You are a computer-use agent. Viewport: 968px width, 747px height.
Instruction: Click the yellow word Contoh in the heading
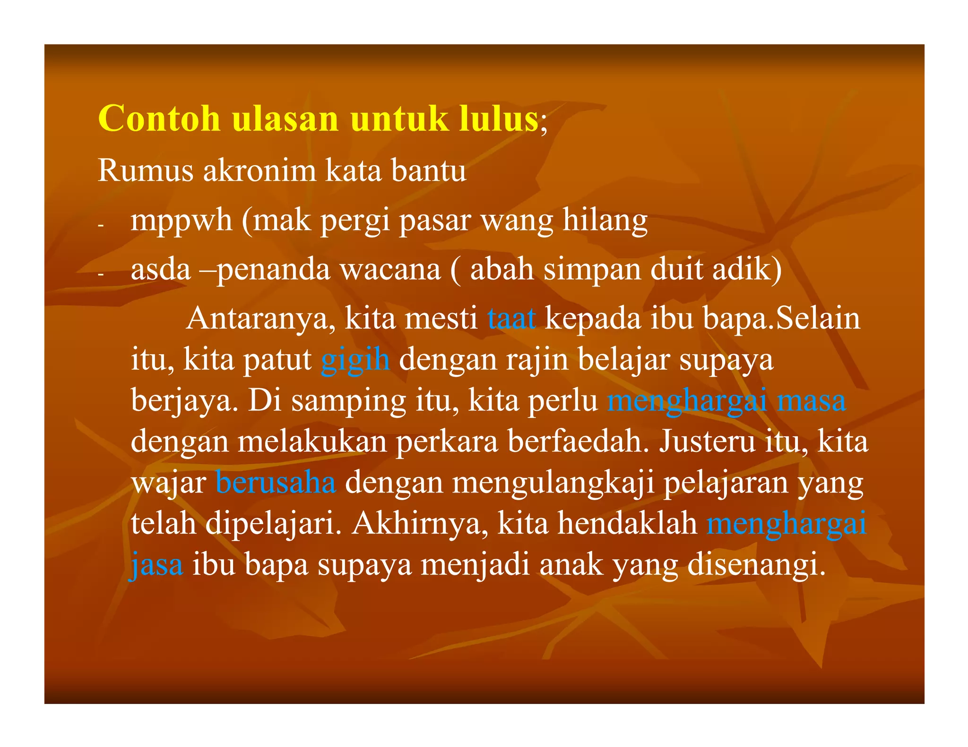pyautogui.click(x=159, y=118)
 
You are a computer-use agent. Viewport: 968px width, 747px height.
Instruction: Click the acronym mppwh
pyautogui.click(x=181, y=221)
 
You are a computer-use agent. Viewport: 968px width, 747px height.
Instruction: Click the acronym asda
pyautogui.click(x=161, y=270)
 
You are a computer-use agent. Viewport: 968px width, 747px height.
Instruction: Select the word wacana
pyautogui.click(x=390, y=270)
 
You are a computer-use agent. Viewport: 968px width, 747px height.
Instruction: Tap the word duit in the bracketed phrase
pyautogui.click(x=676, y=270)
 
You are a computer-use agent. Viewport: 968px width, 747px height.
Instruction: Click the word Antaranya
pyautogui.click(x=258, y=319)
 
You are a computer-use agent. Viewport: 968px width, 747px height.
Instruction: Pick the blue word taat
pyautogui.click(x=511, y=319)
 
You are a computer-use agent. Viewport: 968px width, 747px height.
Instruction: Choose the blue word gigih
pyautogui.click(x=355, y=360)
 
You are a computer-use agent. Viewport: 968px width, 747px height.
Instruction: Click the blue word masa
pyautogui.click(x=812, y=401)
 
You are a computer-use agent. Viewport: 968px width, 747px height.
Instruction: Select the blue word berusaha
pyautogui.click(x=276, y=483)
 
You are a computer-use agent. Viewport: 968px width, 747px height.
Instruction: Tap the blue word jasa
pyautogui.click(x=156, y=565)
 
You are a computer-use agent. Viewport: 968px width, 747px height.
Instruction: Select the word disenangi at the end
pyautogui.click(x=756, y=565)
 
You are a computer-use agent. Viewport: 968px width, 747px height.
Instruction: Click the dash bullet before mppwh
pyautogui.click(x=100, y=226)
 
